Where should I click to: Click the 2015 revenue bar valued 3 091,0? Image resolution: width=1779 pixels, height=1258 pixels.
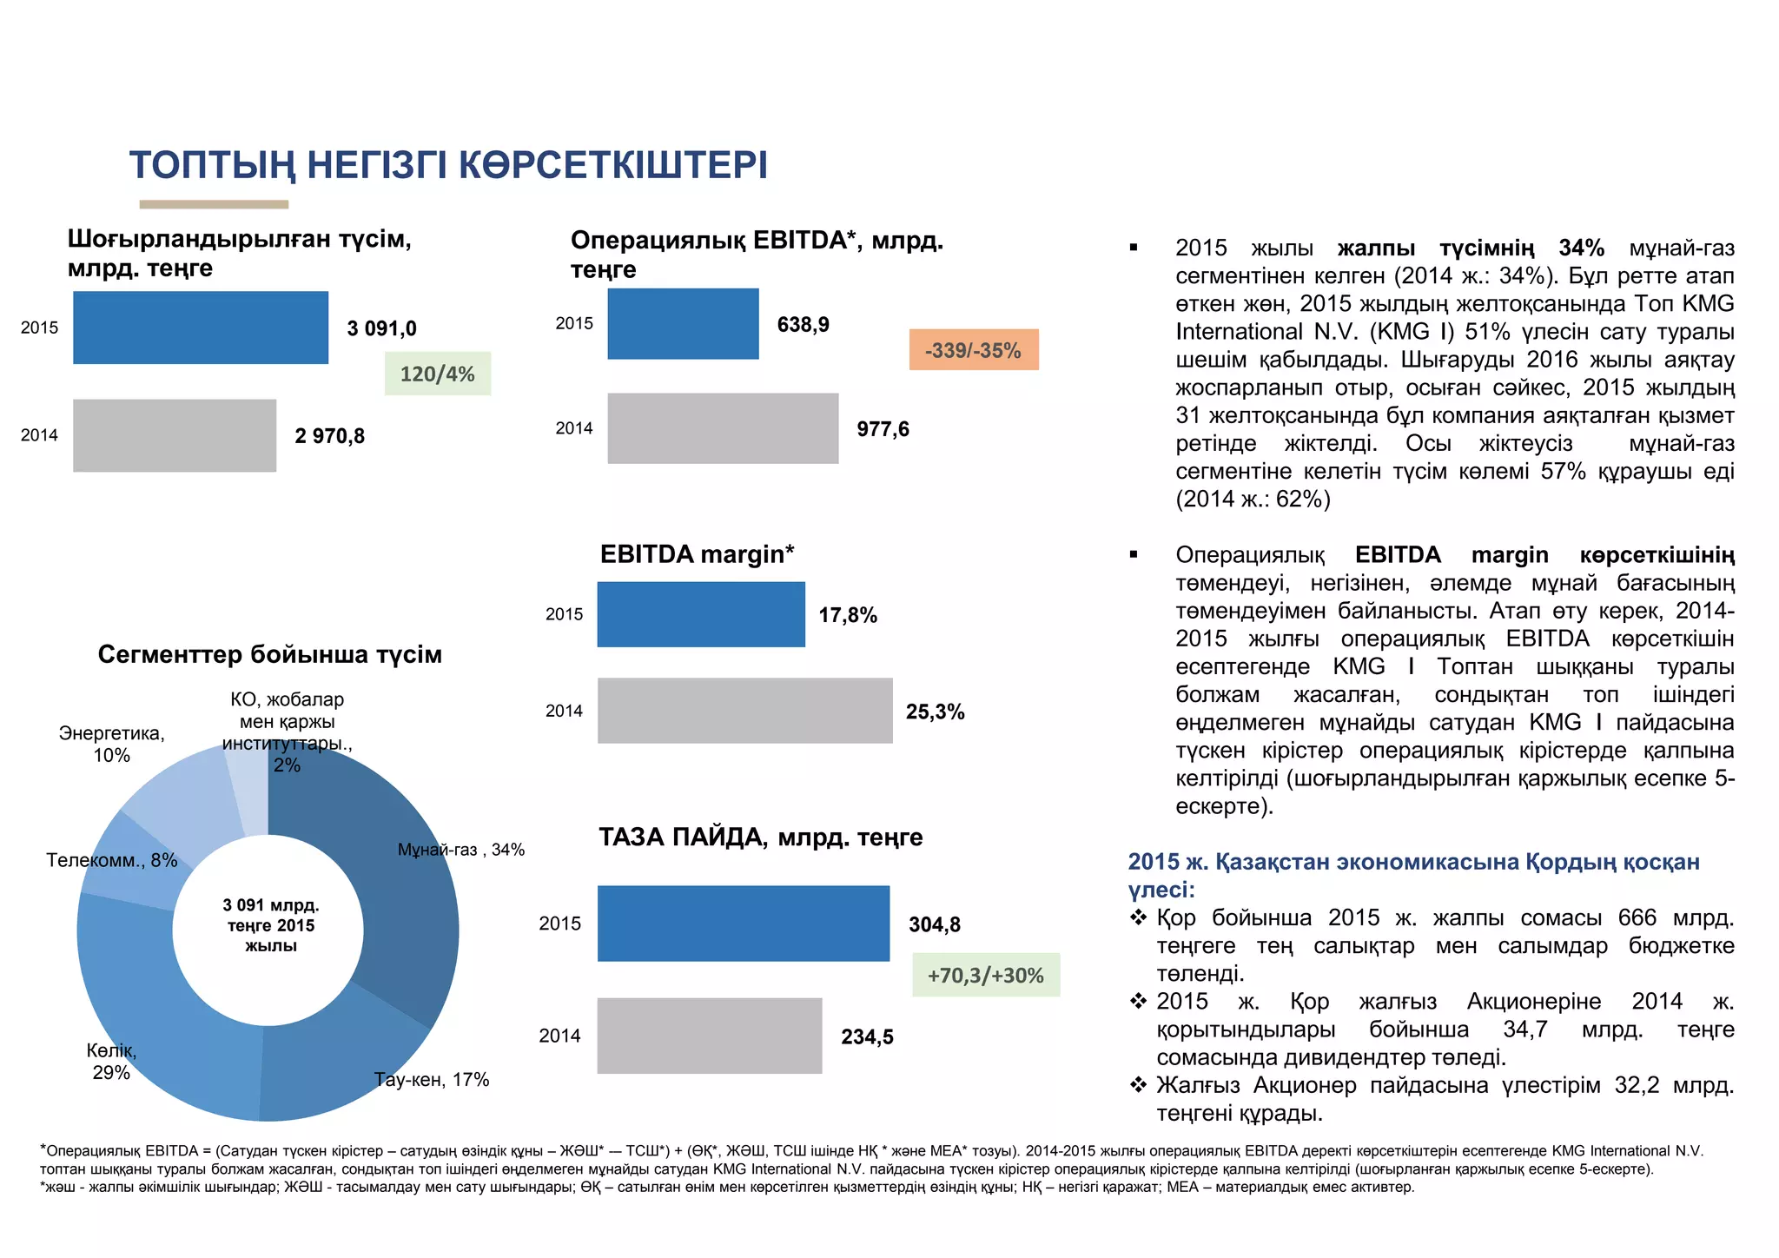point(201,328)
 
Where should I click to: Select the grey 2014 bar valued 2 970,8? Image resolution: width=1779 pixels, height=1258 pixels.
point(175,435)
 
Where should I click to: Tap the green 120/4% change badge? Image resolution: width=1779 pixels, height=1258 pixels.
point(438,374)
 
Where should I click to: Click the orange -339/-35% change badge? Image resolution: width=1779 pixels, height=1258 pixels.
point(974,350)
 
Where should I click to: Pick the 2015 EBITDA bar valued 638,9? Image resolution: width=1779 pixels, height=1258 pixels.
point(683,323)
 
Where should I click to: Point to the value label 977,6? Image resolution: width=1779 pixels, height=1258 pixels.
point(883,429)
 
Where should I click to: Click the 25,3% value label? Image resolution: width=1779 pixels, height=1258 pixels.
point(935,712)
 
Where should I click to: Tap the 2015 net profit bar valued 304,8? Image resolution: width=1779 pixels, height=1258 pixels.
point(744,924)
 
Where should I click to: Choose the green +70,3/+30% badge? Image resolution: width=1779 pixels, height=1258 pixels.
point(986,975)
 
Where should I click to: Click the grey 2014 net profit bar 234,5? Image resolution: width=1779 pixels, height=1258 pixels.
point(710,1036)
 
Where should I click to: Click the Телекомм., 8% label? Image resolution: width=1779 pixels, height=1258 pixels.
point(111,861)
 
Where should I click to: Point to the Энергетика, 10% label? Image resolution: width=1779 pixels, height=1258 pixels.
point(111,745)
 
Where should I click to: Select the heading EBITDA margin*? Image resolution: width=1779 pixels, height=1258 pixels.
point(697,554)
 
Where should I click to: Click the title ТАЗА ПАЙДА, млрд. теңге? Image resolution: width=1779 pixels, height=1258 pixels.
point(760,838)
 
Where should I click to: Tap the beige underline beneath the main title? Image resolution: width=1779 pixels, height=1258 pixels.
point(214,205)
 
